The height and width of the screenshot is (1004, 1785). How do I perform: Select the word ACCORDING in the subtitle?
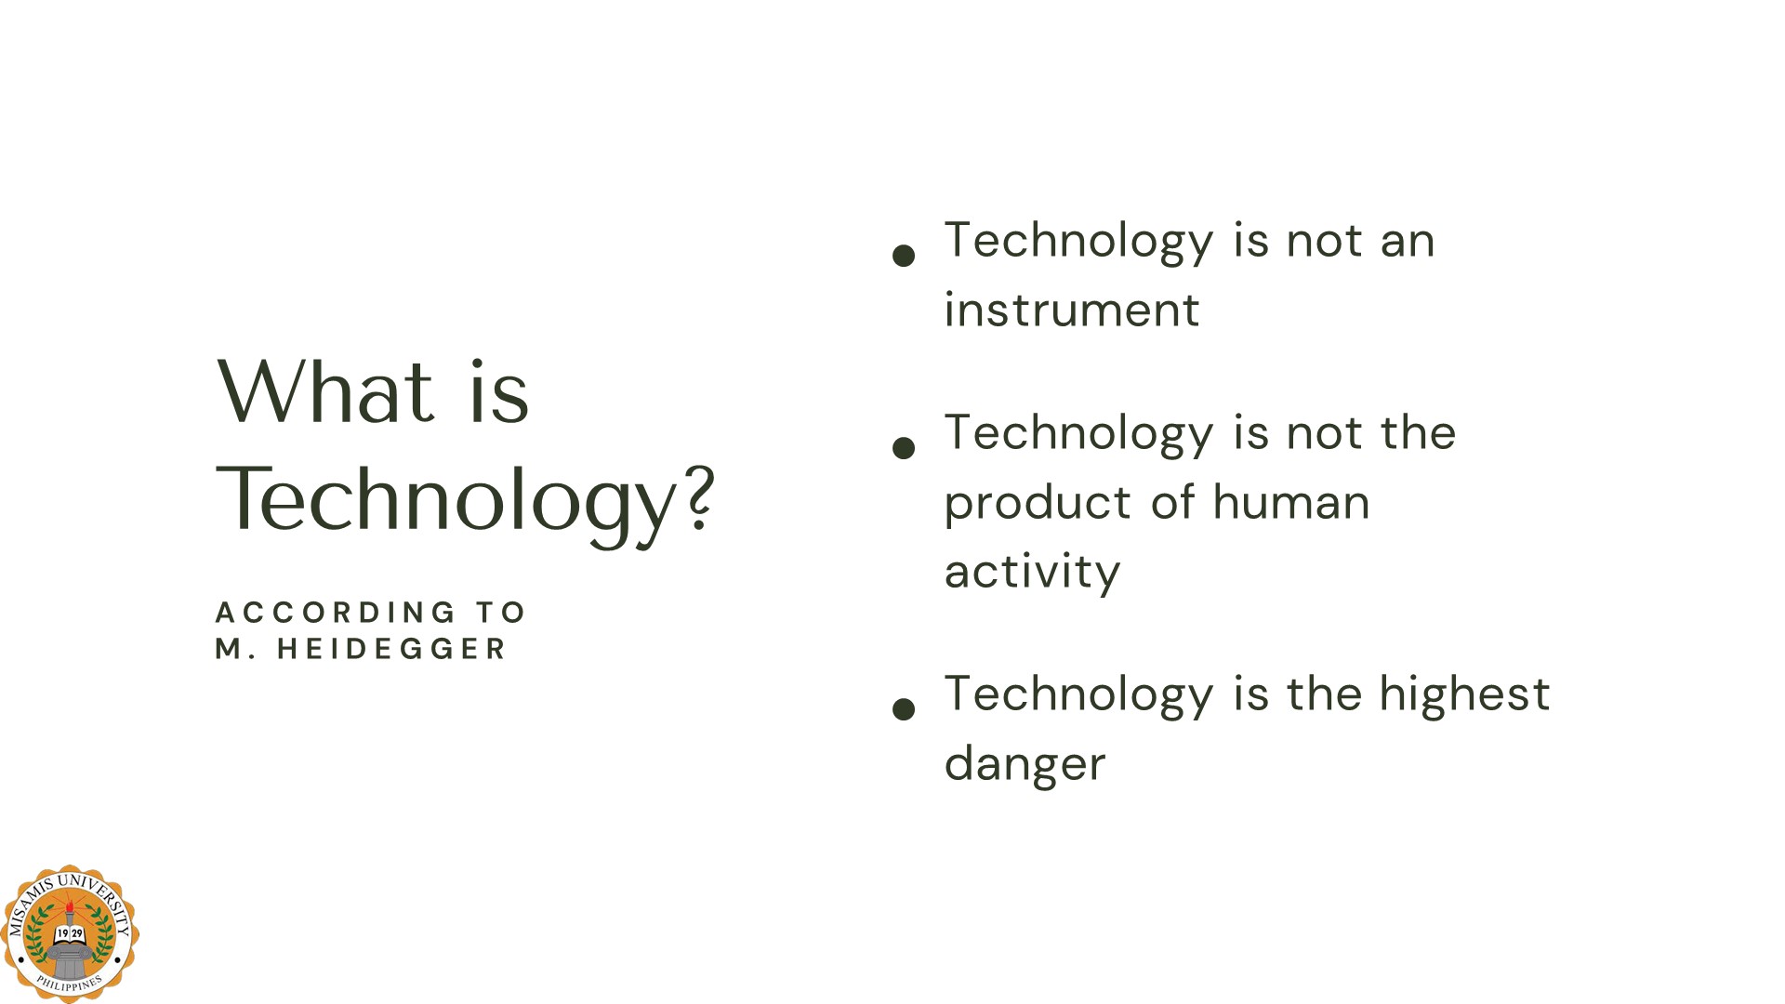pyautogui.click(x=336, y=613)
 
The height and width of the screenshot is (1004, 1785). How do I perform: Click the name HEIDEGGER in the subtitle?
pyautogui.click(x=391, y=649)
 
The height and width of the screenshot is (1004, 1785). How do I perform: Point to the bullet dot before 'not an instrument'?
pyautogui.click(x=904, y=256)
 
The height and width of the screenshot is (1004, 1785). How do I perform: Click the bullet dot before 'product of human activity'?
pyautogui.click(x=904, y=448)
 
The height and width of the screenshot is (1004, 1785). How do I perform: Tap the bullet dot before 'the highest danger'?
pyautogui.click(x=904, y=709)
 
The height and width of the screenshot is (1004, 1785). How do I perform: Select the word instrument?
pyautogui.click(x=1072, y=310)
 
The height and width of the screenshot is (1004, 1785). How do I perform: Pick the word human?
pyautogui.click(x=1291, y=502)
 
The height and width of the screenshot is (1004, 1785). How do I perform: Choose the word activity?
pyautogui.click(x=1032, y=572)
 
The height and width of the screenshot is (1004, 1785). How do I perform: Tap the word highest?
pyautogui.click(x=1464, y=695)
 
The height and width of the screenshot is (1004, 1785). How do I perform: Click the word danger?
pyautogui.click(x=1025, y=764)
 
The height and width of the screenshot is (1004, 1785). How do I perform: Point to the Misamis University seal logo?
pyautogui.click(x=70, y=933)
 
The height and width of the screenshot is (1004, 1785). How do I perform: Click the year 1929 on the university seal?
pyautogui.click(x=70, y=933)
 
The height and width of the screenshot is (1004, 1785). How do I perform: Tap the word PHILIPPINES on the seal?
pyautogui.click(x=70, y=983)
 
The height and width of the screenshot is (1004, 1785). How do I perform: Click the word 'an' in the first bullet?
pyautogui.click(x=1408, y=242)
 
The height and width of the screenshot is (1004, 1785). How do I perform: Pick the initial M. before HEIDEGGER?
pyautogui.click(x=235, y=649)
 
